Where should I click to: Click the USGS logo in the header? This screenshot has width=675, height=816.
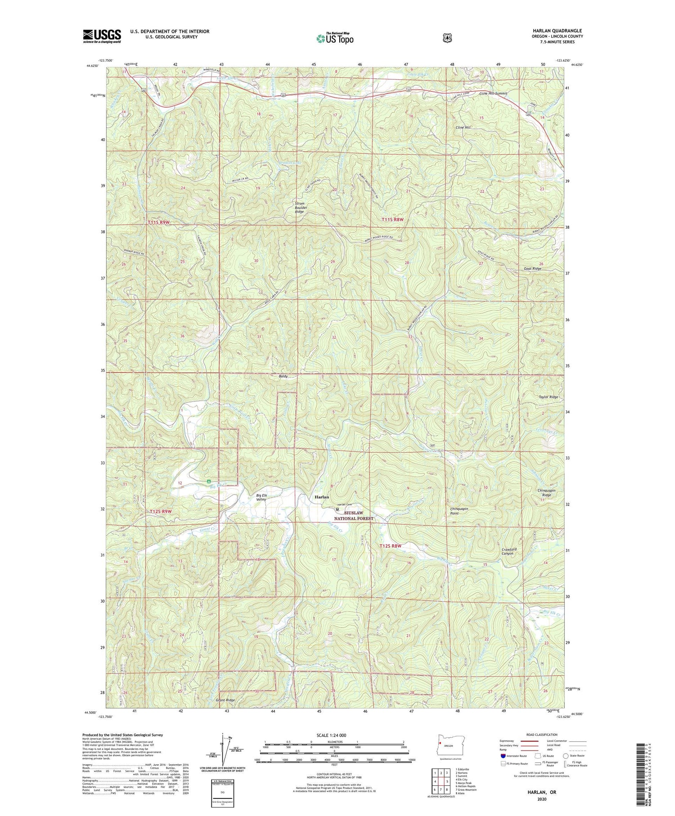click(102, 36)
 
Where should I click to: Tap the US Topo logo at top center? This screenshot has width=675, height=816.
click(335, 38)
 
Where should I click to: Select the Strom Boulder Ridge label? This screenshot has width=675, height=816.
click(300, 207)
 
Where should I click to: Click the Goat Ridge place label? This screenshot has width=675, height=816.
click(532, 269)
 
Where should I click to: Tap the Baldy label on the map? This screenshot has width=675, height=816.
click(283, 376)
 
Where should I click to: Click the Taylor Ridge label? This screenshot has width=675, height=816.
click(548, 397)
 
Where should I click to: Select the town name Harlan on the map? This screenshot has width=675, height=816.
click(322, 497)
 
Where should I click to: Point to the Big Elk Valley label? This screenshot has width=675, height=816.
click(261, 497)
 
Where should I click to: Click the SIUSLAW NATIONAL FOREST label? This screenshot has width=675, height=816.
click(353, 515)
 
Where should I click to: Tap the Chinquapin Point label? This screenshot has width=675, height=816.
click(459, 511)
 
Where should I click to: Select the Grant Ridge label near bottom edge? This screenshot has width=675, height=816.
click(225, 700)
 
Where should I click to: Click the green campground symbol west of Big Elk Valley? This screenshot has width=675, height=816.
click(209, 482)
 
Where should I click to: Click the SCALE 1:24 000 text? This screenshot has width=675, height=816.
click(331, 735)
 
